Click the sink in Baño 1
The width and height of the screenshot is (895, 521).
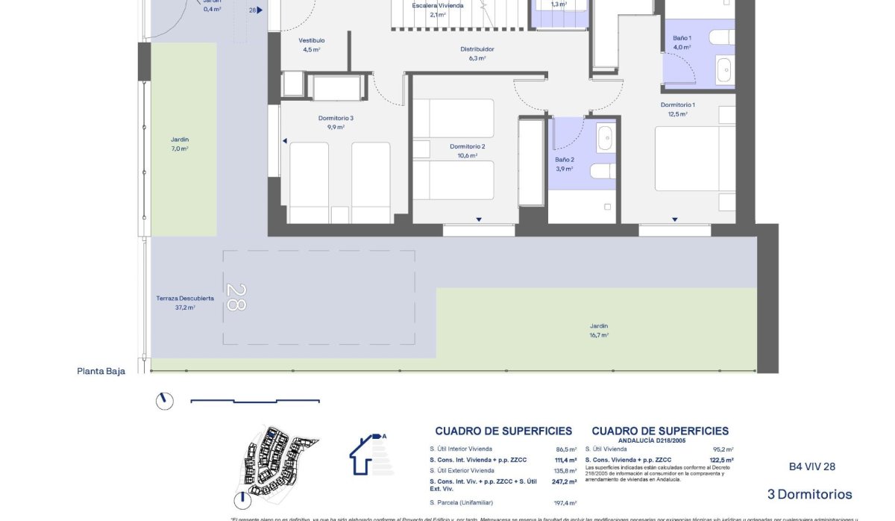click(x=724, y=69)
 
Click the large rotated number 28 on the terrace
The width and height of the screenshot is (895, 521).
click(x=236, y=298)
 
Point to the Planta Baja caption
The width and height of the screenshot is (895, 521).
click(x=101, y=371)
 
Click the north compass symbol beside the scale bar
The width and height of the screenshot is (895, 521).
click(x=164, y=401)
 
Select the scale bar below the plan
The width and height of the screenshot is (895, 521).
click(x=255, y=402)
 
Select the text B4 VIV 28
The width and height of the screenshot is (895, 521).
click(x=811, y=467)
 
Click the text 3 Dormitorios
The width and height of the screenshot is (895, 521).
click(x=809, y=494)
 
